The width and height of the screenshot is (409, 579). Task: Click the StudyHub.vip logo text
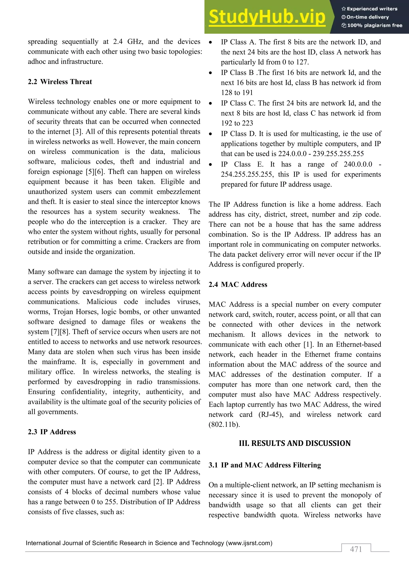(x=267, y=17)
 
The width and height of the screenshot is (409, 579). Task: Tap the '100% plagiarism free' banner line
(x=372, y=25)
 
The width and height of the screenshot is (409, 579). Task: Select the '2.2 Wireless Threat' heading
(x=60, y=82)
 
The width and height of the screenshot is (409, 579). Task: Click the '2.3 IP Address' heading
(x=52, y=432)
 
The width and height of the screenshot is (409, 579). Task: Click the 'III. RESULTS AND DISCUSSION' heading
(x=295, y=443)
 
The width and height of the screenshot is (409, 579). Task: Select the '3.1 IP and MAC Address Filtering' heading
(x=265, y=465)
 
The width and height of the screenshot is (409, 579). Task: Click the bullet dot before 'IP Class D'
(x=210, y=134)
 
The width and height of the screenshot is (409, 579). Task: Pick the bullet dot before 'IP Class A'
(x=210, y=42)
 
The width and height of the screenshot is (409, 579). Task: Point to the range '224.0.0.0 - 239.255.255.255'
(x=321, y=154)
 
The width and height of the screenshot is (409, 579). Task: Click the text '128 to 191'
(x=237, y=93)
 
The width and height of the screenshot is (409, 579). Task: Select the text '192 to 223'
(x=237, y=123)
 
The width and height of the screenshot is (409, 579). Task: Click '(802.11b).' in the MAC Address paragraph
(x=224, y=424)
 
